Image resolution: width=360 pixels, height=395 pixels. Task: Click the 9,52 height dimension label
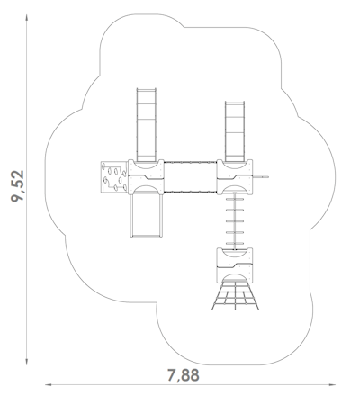(x=17, y=186)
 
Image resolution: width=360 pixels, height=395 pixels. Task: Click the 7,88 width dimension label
(x=183, y=375)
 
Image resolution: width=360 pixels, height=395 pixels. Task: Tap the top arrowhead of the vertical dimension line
(x=27, y=17)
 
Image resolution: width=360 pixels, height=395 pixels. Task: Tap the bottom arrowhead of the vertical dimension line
(x=27, y=362)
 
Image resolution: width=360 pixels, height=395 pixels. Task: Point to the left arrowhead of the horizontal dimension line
(x=48, y=384)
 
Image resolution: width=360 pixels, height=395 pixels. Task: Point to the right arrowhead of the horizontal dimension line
(x=332, y=384)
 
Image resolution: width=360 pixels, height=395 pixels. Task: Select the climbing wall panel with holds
(x=114, y=177)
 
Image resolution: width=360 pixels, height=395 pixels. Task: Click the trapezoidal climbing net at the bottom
(x=235, y=295)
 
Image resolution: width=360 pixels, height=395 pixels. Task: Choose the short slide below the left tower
(x=146, y=215)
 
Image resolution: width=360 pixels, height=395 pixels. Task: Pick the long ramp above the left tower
(x=146, y=125)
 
